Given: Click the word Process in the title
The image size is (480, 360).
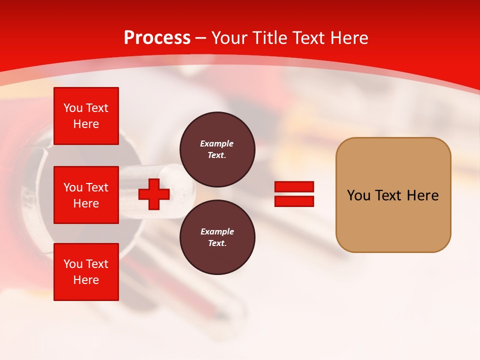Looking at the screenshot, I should click(157, 38).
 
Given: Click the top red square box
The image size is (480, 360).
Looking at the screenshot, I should click(86, 116).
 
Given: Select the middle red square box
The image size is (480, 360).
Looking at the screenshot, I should click(86, 195).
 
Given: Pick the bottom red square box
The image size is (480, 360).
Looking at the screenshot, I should click(86, 272).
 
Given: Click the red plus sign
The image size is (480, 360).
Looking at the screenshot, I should click(154, 194).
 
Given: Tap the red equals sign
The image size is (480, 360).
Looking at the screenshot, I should click(294, 194).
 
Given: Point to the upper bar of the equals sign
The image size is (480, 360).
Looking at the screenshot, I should click(294, 187).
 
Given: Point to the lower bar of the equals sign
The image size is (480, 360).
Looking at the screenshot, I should click(294, 201).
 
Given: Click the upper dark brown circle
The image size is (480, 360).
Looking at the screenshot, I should click(217, 149).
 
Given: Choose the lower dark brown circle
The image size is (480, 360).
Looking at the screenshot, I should click(217, 237).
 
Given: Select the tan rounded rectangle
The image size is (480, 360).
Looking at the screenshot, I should click(393, 195).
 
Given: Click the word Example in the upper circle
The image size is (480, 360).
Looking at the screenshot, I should click(217, 143).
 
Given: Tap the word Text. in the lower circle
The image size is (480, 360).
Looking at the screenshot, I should click(217, 243).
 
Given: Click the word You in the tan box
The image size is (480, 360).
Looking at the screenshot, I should click(359, 195).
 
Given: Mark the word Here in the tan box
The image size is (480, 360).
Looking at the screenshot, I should click(422, 195).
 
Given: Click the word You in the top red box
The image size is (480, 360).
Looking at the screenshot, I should click(73, 108).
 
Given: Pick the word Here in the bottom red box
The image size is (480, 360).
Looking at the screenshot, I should click(86, 280).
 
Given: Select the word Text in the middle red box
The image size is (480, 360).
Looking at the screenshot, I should click(96, 187).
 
